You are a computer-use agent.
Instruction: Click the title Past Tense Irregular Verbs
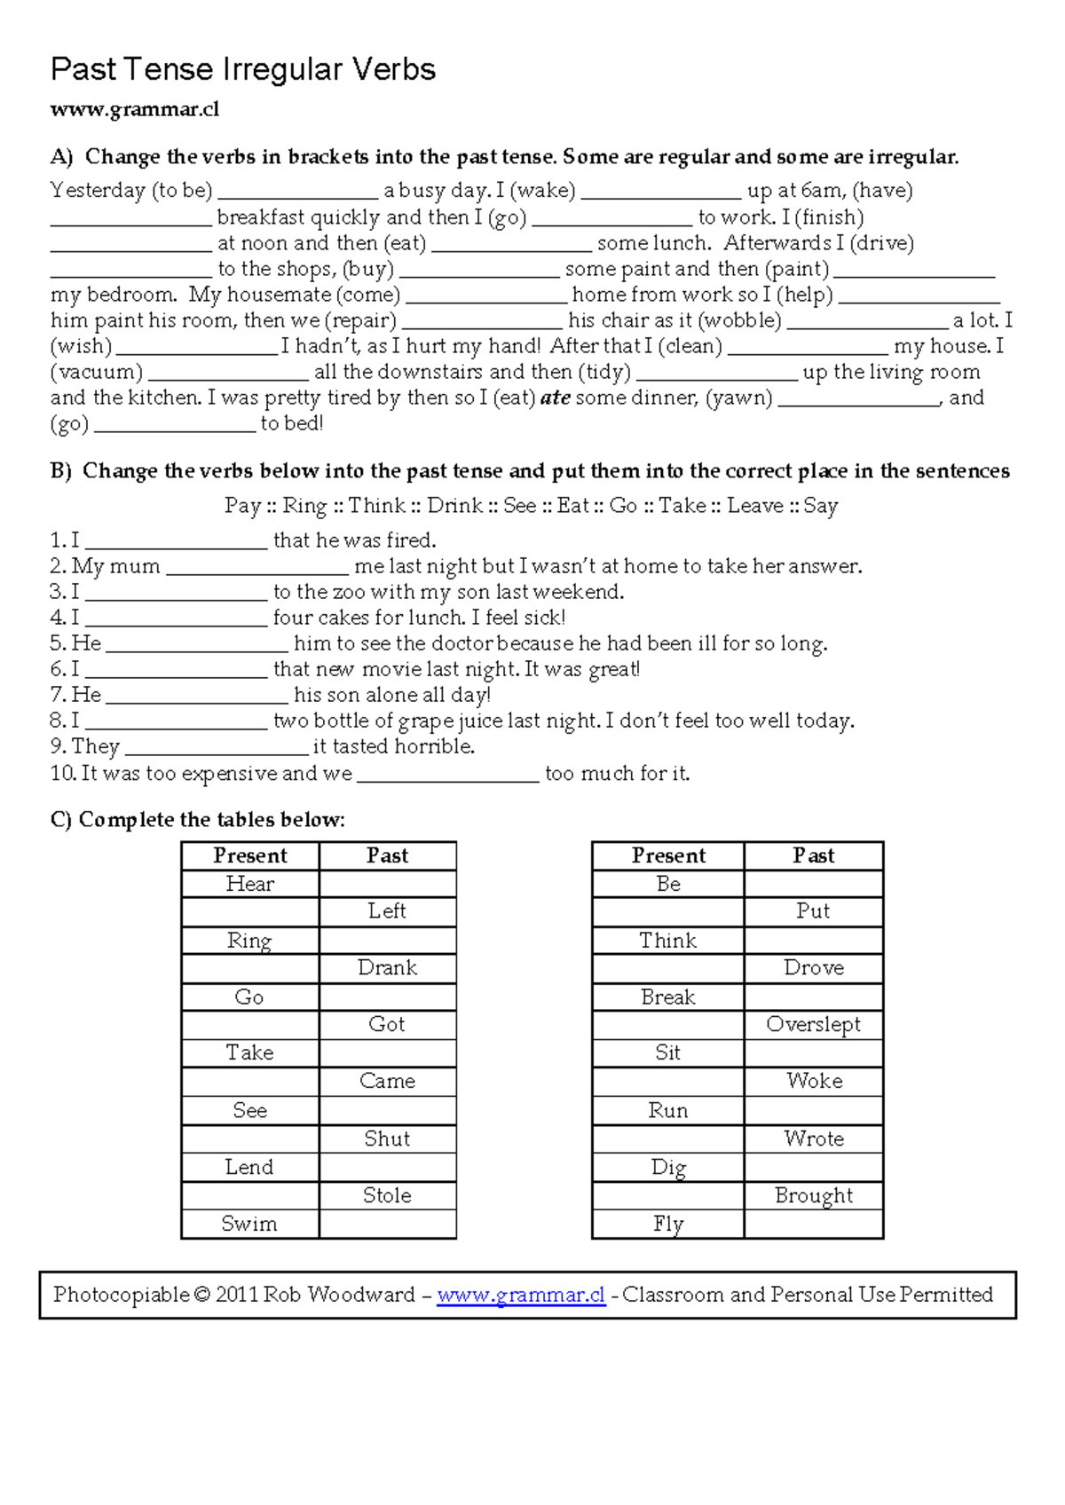point(242,69)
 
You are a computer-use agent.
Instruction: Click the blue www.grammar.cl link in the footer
point(521,1295)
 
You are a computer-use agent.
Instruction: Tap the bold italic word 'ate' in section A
point(556,398)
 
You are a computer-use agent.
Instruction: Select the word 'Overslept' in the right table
point(813,1024)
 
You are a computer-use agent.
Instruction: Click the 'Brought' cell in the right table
point(813,1195)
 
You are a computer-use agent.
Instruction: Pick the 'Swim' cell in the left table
point(249,1224)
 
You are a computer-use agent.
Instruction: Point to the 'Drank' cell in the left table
point(387,967)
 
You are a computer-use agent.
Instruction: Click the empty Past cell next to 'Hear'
point(387,884)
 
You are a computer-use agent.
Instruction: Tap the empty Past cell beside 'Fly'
point(813,1224)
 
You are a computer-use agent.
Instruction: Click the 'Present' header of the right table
point(668,855)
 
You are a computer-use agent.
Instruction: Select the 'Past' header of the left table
point(387,855)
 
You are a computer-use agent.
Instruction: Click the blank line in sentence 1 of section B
point(176,541)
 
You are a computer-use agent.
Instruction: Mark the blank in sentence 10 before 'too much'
point(447,775)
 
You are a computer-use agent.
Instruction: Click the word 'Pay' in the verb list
point(242,506)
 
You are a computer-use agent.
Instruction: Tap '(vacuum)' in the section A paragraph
point(96,372)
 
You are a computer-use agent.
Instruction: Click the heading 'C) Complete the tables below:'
point(198,819)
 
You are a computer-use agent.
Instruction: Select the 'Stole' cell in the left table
point(387,1195)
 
